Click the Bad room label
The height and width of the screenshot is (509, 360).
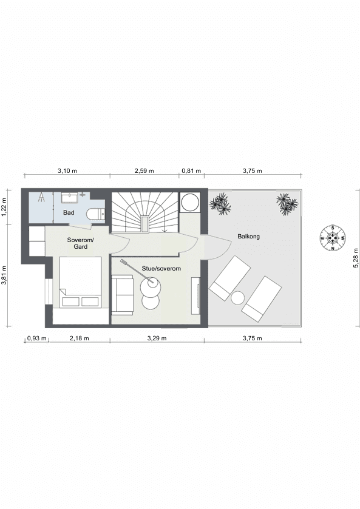(69, 212)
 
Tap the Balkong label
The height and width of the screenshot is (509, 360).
(248, 237)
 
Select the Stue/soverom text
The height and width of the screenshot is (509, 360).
(161, 269)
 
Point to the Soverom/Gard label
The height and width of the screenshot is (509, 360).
(80, 243)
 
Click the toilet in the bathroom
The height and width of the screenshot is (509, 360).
(95, 214)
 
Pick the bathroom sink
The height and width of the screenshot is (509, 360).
(69, 197)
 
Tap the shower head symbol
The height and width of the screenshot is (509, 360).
(42, 197)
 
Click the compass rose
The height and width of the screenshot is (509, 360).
(333, 238)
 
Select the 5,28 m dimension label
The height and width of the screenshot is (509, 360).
(356, 258)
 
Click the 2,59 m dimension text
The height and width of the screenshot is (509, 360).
(144, 170)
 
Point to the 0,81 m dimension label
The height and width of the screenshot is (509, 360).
(191, 170)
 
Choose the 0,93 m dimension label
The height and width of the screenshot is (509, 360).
(36, 339)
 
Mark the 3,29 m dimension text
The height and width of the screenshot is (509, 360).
(157, 339)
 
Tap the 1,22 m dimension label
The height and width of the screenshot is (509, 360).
(4, 207)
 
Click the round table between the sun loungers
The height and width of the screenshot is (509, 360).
(237, 298)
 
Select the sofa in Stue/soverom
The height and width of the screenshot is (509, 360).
(122, 295)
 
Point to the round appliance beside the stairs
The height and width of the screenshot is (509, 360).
(190, 203)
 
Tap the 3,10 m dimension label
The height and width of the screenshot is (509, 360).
(67, 170)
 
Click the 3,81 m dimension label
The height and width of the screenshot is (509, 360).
(4, 275)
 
